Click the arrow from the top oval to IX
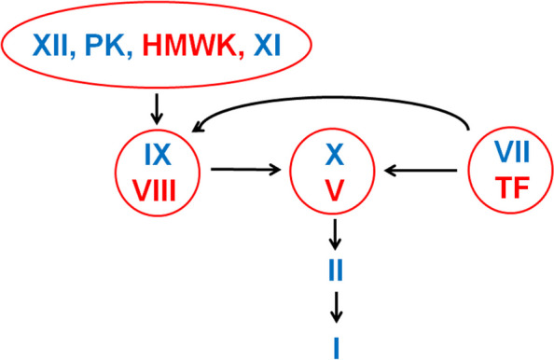coord(156,108)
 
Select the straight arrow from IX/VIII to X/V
coord(246,170)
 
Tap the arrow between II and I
coord(334,304)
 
